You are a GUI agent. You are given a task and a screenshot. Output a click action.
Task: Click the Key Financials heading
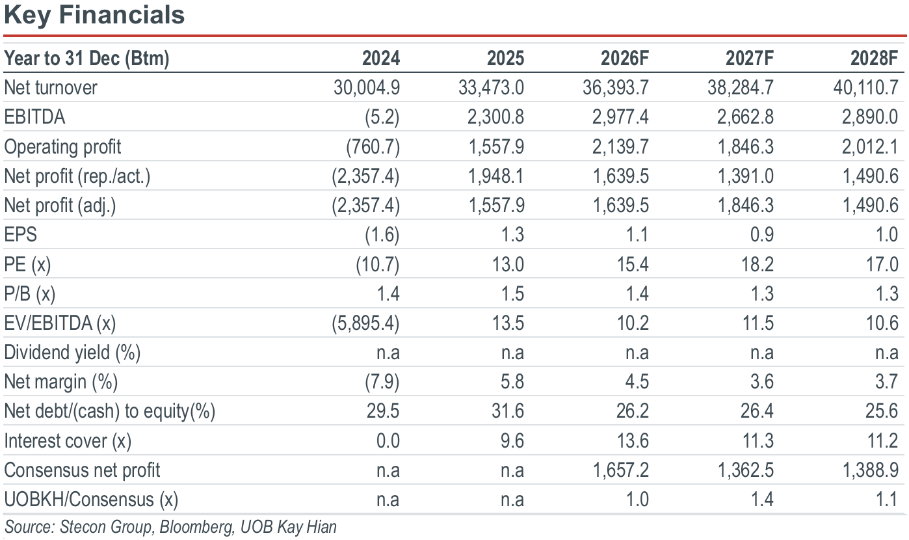coord(94,16)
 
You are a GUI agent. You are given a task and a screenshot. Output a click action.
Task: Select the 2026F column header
coord(625,58)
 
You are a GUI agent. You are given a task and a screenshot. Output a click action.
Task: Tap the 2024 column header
coord(380,58)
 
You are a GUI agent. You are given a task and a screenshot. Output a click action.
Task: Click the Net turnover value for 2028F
coord(865,88)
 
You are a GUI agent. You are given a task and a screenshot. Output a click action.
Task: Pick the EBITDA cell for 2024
coord(382,117)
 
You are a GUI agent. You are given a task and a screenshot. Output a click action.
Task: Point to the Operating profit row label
coord(62,146)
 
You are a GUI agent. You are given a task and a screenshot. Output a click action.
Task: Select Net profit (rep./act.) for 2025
coord(496,176)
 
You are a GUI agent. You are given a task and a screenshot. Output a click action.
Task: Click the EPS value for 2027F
coord(761,235)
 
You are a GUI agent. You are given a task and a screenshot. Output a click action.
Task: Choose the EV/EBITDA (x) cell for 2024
coord(365,323)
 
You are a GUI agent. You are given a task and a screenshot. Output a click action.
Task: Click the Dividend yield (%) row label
coord(72,353)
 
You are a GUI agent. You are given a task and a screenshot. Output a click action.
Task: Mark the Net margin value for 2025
coord(512,382)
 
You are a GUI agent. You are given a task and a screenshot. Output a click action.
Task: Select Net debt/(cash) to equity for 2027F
coord(757,411)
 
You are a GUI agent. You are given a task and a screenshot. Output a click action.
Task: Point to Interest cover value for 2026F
coord(633,440)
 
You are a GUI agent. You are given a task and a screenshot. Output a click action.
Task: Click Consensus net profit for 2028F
coord(870,470)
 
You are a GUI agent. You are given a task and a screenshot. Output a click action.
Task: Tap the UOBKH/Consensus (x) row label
coord(91,500)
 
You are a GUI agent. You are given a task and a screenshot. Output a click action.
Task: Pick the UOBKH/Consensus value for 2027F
coord(761,500)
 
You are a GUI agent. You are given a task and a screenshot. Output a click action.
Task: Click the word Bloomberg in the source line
coord(197,527)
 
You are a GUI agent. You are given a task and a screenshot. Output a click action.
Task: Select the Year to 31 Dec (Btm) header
coord(86,59)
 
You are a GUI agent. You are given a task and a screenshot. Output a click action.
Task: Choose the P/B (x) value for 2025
coord(512,293)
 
